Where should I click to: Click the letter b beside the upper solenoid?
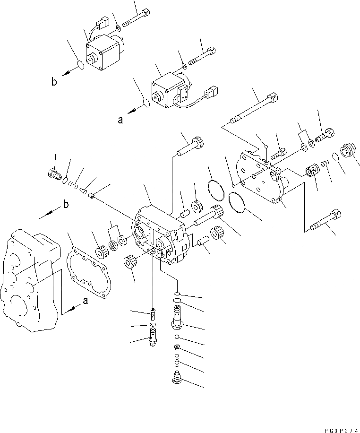click(54, 82)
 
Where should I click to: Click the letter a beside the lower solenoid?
click(120, 120)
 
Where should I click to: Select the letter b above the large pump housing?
click(65, 205)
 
